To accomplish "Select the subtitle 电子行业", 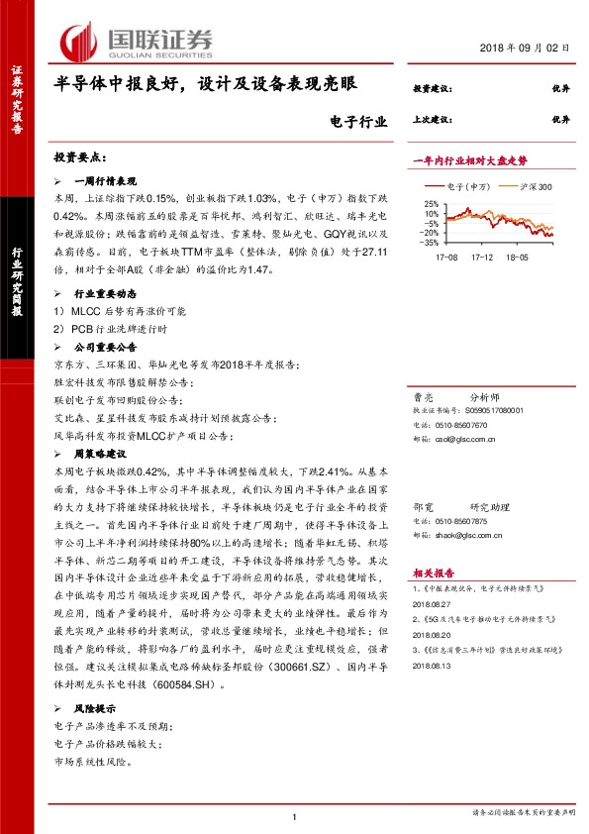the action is (353, 122).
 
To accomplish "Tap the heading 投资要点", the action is (81, 158).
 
